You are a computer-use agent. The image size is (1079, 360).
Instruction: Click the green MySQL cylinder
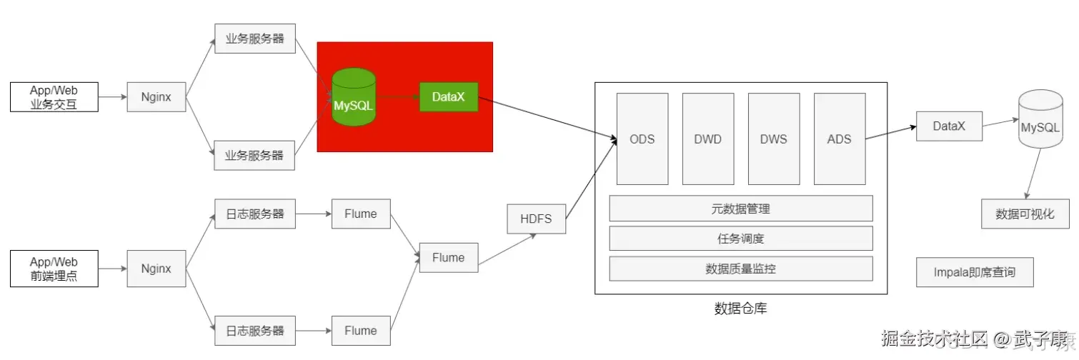coord(354,98)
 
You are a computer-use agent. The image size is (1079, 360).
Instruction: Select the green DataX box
coord(448,96)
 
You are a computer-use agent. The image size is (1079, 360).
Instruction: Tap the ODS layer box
coord(642,139)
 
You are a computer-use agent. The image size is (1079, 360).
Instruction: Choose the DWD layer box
coord(707,139)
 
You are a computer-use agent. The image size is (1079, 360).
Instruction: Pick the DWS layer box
coord(773,139)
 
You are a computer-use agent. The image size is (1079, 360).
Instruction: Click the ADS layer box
coord(839,139)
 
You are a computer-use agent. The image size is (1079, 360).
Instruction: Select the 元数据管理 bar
coord(740,209)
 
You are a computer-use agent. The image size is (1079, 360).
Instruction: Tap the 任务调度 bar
coord(740,239)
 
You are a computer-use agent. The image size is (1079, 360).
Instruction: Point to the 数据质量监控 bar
coord(740,269)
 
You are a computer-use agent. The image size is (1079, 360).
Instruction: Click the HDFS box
coord(536,219)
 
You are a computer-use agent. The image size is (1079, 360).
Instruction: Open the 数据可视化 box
coord(1025,214)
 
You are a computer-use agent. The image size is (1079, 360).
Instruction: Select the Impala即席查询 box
coord(974,272)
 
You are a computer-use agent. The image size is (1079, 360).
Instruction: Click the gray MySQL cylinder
coord(1040,120)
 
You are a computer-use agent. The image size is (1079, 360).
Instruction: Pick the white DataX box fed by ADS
coord(949,126)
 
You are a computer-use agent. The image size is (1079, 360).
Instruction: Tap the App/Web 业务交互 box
coord(54,97)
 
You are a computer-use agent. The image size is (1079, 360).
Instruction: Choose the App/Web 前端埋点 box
coord(54,269)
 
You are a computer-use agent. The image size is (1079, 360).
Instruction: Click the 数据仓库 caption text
coord(740,309)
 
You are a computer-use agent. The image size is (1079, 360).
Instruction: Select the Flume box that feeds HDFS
coord(448,258)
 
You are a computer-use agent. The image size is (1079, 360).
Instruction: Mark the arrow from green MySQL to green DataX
coord(397,96)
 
